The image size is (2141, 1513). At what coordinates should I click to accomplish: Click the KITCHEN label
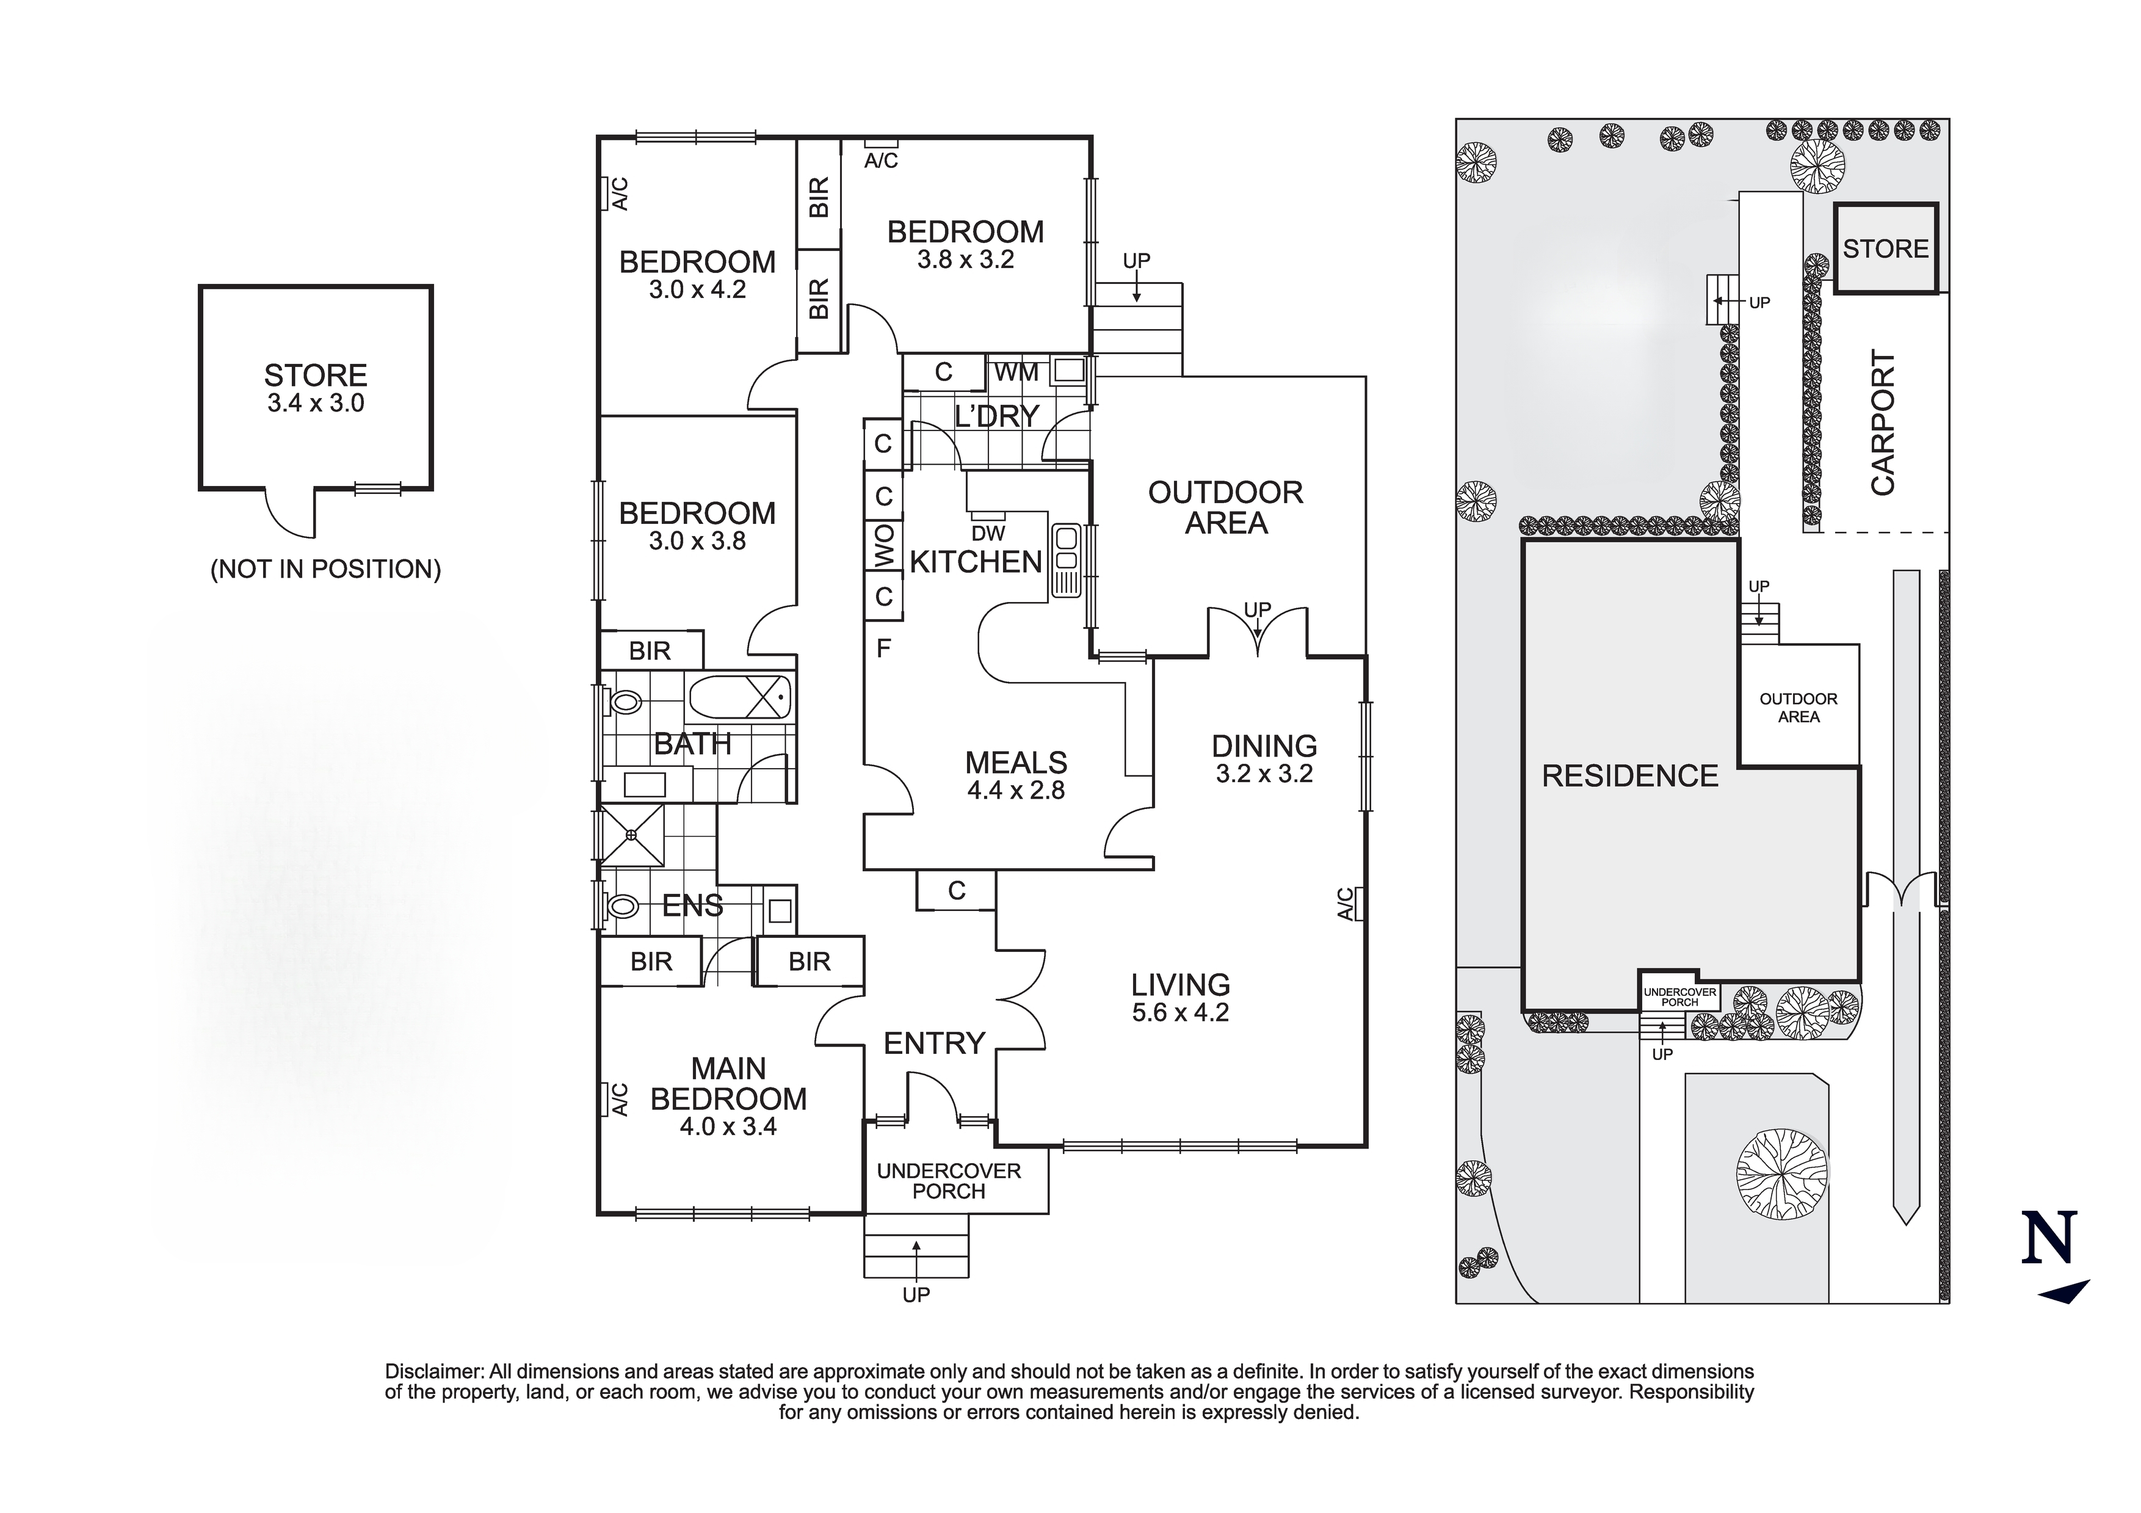coord(976,562)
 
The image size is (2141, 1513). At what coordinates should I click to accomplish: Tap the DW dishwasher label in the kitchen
coord(988,534)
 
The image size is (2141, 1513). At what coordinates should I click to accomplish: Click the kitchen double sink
coord(1065,560)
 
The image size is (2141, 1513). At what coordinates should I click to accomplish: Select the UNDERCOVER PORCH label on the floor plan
coord(948,1181)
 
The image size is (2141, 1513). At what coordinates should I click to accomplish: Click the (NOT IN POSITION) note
coord(325,569)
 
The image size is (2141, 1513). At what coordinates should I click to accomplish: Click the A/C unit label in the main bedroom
coord(619,1099)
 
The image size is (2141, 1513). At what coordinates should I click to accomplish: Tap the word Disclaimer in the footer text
coord(433,1371)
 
